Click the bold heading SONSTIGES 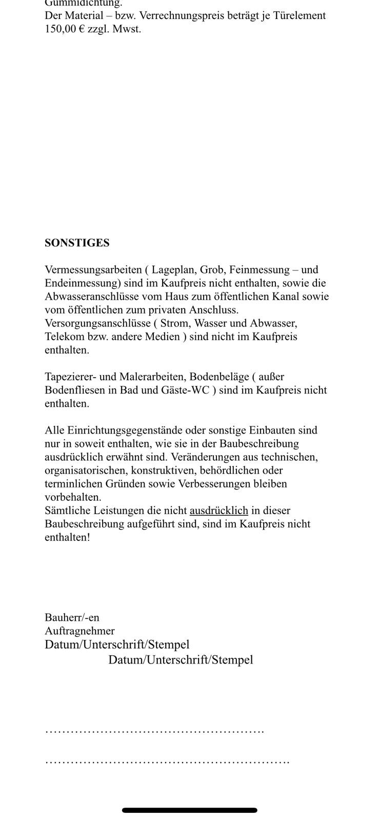click(x=77, y=243)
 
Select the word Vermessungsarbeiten click(x=93, y=270)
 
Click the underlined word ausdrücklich click(x=219, y=511)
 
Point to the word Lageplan click(x=174, y=270)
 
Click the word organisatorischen click(x=85, y=470)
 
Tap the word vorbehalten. click(x=73, y=497)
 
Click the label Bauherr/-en click(x=72, y=618)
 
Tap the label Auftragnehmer click(x=79, y=631)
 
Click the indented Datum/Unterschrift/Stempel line click(x=181, y=660)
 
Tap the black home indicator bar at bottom click(x=189, y=810)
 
